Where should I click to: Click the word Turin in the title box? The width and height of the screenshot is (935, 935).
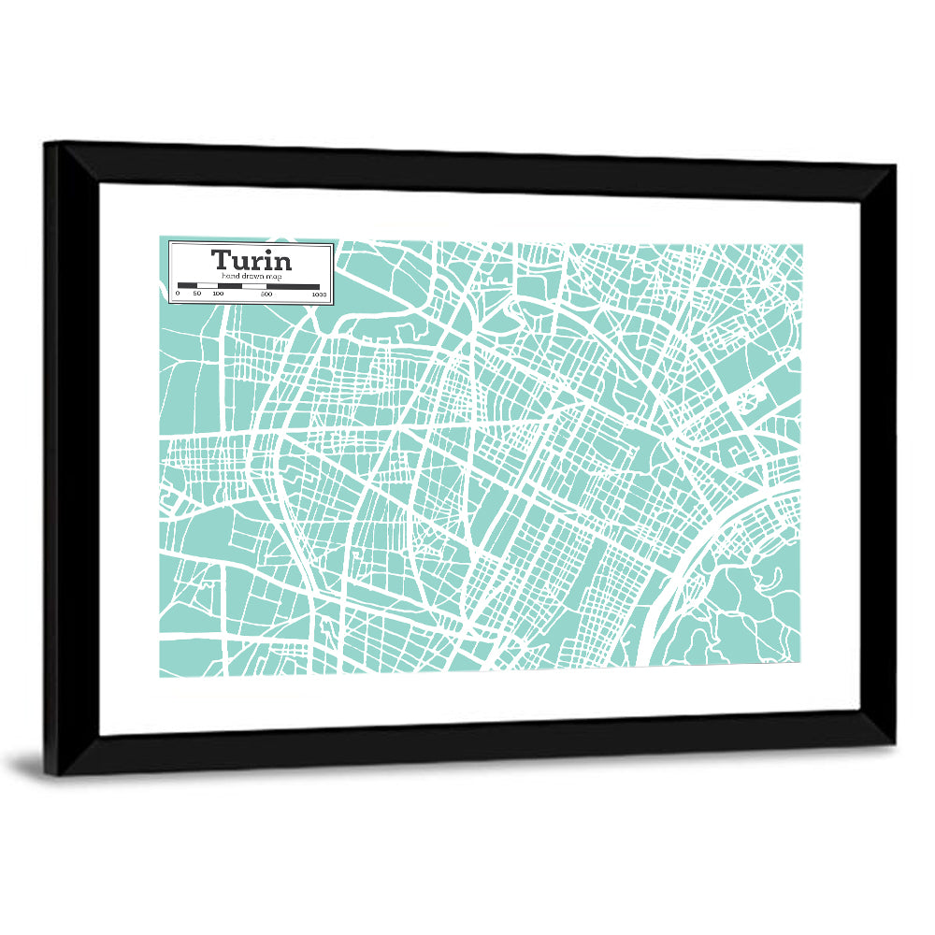[251, 260]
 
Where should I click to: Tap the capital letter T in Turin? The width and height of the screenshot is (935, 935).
[221, 260]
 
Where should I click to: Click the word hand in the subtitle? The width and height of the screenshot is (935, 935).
[230, 278]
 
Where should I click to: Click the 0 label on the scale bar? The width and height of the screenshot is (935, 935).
[178, 294]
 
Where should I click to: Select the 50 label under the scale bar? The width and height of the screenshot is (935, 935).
[196, 294]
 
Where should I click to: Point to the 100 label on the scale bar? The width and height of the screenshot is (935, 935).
[218, 294]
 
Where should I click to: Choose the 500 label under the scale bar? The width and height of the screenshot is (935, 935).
[266, 294]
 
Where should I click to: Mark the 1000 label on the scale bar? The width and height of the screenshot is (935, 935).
[319, 294]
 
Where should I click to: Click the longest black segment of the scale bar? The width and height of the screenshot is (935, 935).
[293, 286]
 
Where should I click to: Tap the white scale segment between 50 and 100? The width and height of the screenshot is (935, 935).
[207, 286]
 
